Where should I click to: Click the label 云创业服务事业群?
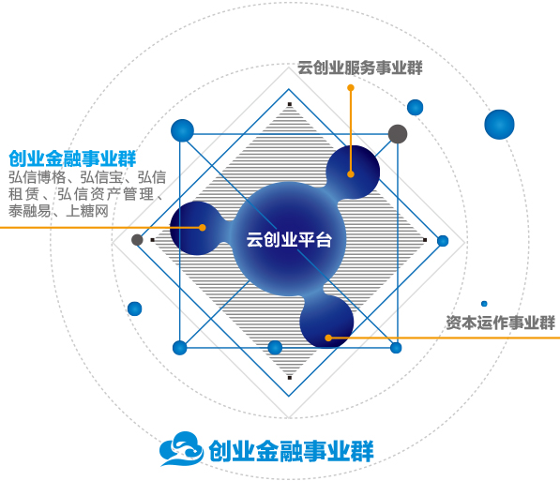click(x=360, y=68)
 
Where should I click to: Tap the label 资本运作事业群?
click(x=500, y=323)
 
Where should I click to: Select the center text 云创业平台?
click(x=289, y=239)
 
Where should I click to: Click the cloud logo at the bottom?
click(x=181, y=448)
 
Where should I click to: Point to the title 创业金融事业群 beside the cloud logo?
click(x=291, y=451)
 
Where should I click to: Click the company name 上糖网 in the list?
click(x=87, y=211)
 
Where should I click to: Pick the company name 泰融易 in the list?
click(x=30, y=211)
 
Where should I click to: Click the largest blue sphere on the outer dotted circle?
click(x=499, y=125)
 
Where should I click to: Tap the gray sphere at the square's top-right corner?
click(x=398, y=134)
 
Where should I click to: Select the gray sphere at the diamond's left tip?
click(x=137, y=240)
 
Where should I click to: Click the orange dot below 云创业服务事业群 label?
click(x=351, y=87)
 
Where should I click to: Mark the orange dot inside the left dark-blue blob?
click(x=202, y=228)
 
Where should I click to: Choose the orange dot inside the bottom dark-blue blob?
click(x=328, y=338)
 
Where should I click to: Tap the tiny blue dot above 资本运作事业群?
click(x=484, y=304)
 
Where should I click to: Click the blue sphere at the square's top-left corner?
click(x=182, y=130)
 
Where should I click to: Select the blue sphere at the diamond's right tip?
click(x=443, y=241)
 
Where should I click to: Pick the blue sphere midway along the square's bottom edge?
click(x=275, y=348)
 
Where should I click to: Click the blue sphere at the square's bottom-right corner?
click(x=396, y=348)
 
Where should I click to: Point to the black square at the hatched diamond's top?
click(x=290, y=104)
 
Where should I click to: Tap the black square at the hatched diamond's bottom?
click(x=290, y=378)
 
